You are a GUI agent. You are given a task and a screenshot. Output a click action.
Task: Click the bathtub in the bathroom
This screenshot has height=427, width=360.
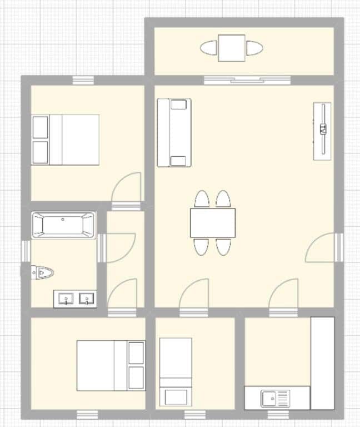(x=63, y=225)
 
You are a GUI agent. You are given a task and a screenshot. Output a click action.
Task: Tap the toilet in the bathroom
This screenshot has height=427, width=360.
(x=43, y=272)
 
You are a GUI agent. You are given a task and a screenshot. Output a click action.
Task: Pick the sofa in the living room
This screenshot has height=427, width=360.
(x=174, y=133)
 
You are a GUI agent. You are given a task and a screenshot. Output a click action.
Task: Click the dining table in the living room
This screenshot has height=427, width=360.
(x=212, y=223)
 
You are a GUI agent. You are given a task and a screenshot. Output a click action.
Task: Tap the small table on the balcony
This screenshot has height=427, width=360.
(x=231, y=48)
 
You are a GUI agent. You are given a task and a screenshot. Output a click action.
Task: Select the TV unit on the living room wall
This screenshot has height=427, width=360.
(x=322, y=131)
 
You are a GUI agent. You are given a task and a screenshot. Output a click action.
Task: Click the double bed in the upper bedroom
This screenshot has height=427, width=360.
(x=66, y=140)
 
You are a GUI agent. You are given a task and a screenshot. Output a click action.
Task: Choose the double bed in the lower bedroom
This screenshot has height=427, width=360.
(x=110, y=366)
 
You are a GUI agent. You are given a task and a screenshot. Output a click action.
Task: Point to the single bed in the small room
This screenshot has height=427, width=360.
(x=176, y=371)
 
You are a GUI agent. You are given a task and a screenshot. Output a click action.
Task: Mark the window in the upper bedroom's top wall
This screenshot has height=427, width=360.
(x=84, y=80)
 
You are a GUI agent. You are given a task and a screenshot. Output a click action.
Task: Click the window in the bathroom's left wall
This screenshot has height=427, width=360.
(x=26, y=251)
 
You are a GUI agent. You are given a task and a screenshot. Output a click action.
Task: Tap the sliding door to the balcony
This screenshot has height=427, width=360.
(x=247, y=80)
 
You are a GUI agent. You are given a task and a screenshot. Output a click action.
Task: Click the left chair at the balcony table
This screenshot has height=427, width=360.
(x=209, y=48)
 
